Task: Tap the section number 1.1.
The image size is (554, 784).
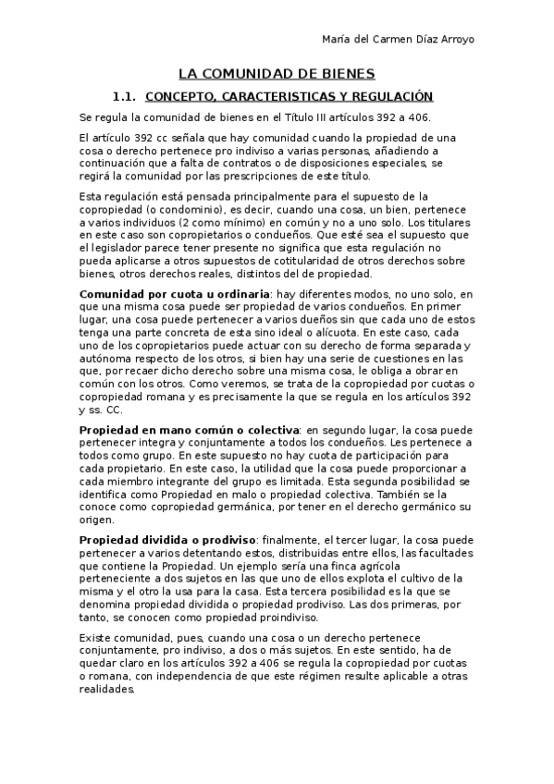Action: pos(124,96)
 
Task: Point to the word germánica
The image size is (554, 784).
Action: pos(259,508)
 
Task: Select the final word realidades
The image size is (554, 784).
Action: pos(108,690)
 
